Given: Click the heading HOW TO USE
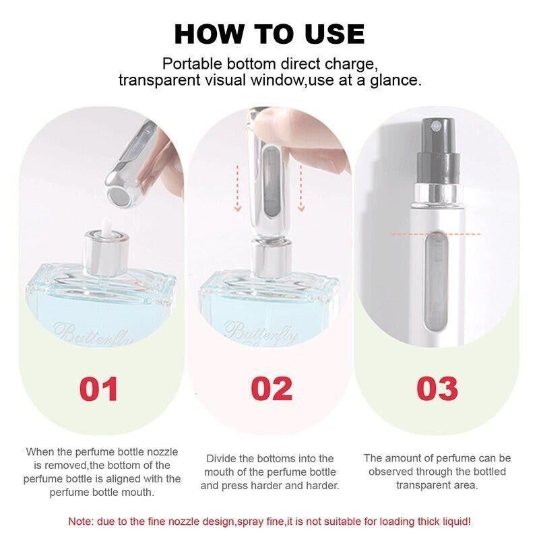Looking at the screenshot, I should click(269, 34).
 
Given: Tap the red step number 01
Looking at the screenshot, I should click(98, 389).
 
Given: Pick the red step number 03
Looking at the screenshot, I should click(437, 389).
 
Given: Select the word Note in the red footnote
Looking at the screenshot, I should click(81, 521).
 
